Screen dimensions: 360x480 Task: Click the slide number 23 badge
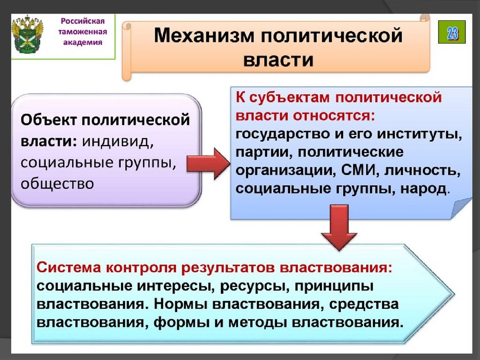point(452,32)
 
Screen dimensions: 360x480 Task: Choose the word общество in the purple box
point(57,183)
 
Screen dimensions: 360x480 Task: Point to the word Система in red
point(69,268)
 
